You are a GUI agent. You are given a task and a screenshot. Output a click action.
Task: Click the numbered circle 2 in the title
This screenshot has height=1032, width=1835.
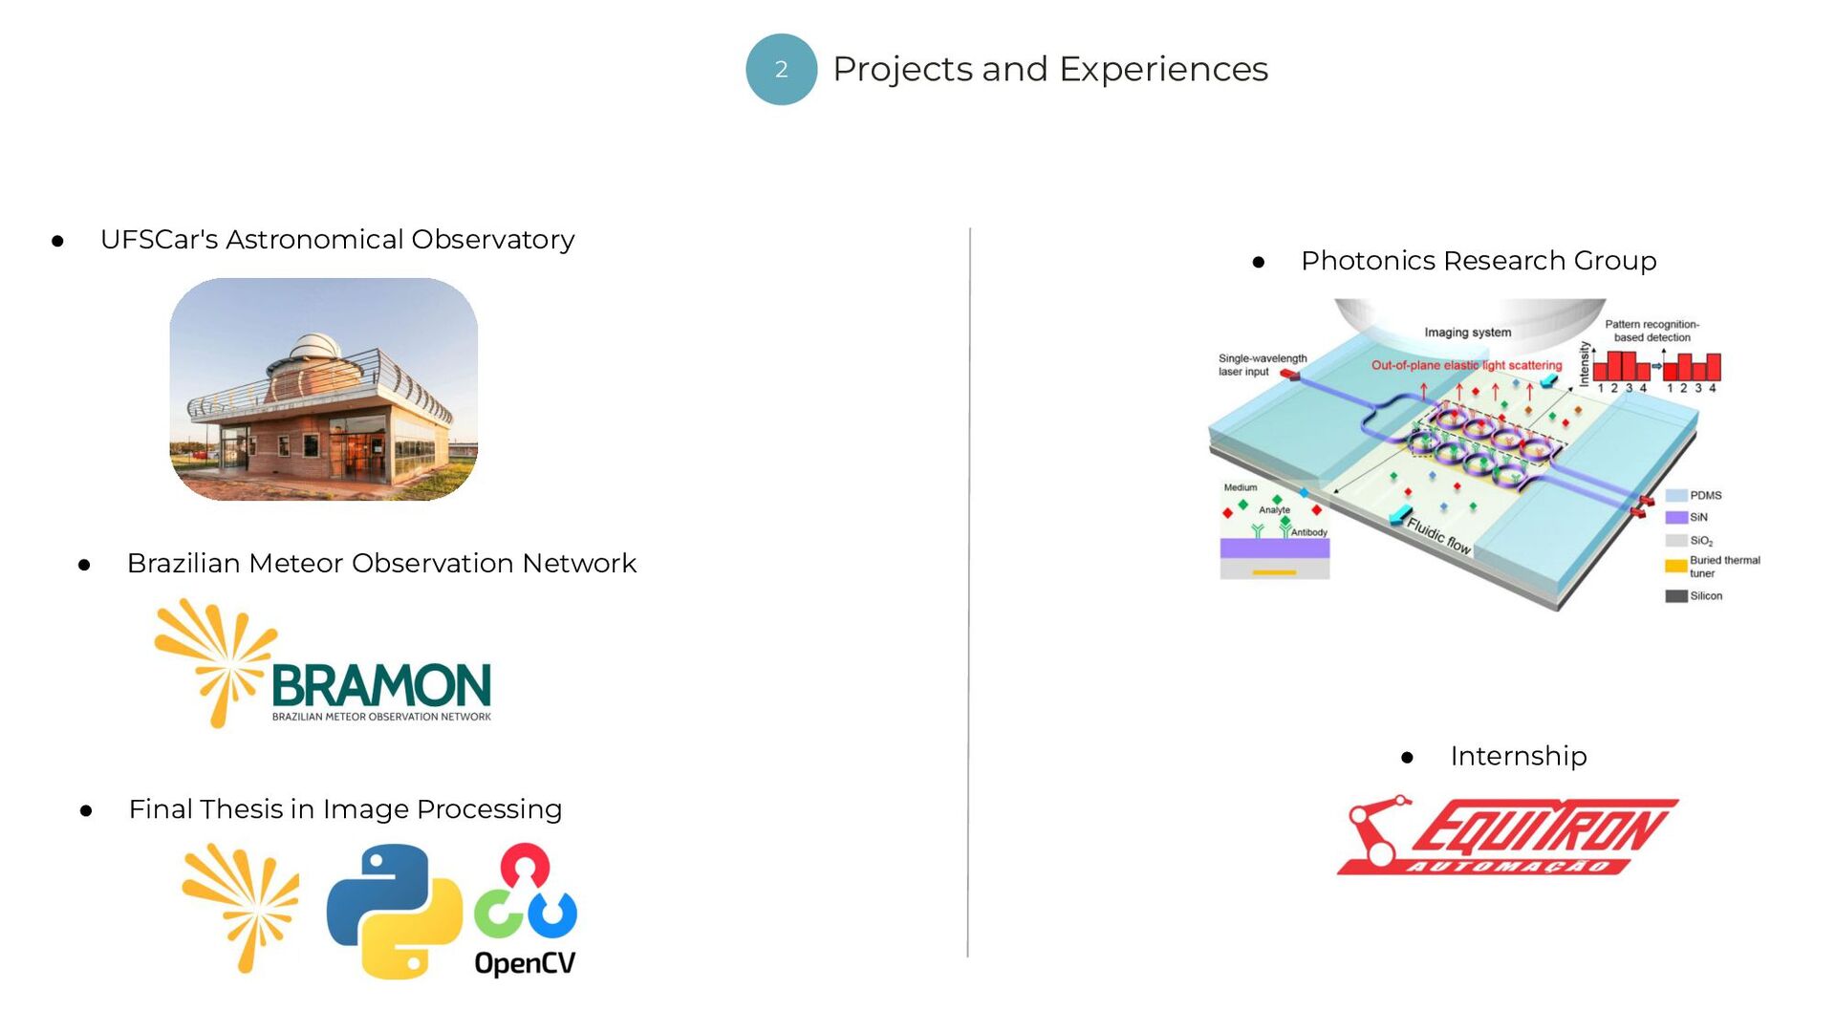(x=781, y=70)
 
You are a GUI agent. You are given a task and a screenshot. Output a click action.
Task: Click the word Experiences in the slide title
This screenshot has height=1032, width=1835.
(x=1163, y=70)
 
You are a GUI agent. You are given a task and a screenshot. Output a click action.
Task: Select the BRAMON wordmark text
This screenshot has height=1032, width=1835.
(x=381, y=685)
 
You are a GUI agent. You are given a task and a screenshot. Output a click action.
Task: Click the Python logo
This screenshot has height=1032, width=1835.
(x=394, y=911)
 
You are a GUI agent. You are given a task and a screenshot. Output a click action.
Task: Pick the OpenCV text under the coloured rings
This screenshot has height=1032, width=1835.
(x=525, y=962)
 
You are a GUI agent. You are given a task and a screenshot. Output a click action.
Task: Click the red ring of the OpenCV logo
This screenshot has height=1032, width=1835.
(x=525, y=866)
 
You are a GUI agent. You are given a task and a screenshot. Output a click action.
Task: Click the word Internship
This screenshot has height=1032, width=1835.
(x=1518, y=756)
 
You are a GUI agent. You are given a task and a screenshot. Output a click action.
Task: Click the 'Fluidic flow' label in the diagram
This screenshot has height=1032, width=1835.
(x=1438, y=536)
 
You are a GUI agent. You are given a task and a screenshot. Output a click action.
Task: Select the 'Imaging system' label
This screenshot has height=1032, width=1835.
(x=1467, y=333)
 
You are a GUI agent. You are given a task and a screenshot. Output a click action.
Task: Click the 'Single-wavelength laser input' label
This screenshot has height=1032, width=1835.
(x=1262, y=365)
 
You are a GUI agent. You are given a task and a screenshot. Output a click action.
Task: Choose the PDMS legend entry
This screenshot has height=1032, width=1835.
(x=1694, y=495)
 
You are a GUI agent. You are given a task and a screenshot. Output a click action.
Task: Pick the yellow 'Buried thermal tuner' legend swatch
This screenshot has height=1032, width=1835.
(x=1675, y=566)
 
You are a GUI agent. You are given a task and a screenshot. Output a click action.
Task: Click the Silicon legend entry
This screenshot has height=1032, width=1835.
(x=1694, y=595)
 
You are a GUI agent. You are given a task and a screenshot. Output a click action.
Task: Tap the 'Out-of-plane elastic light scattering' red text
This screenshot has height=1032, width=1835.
(x=1466, y=365)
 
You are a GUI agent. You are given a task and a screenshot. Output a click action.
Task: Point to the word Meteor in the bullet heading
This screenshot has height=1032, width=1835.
(x=295, y=564)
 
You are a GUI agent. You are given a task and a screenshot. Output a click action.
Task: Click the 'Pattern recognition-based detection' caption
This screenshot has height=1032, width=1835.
(x=1651, y=331)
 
